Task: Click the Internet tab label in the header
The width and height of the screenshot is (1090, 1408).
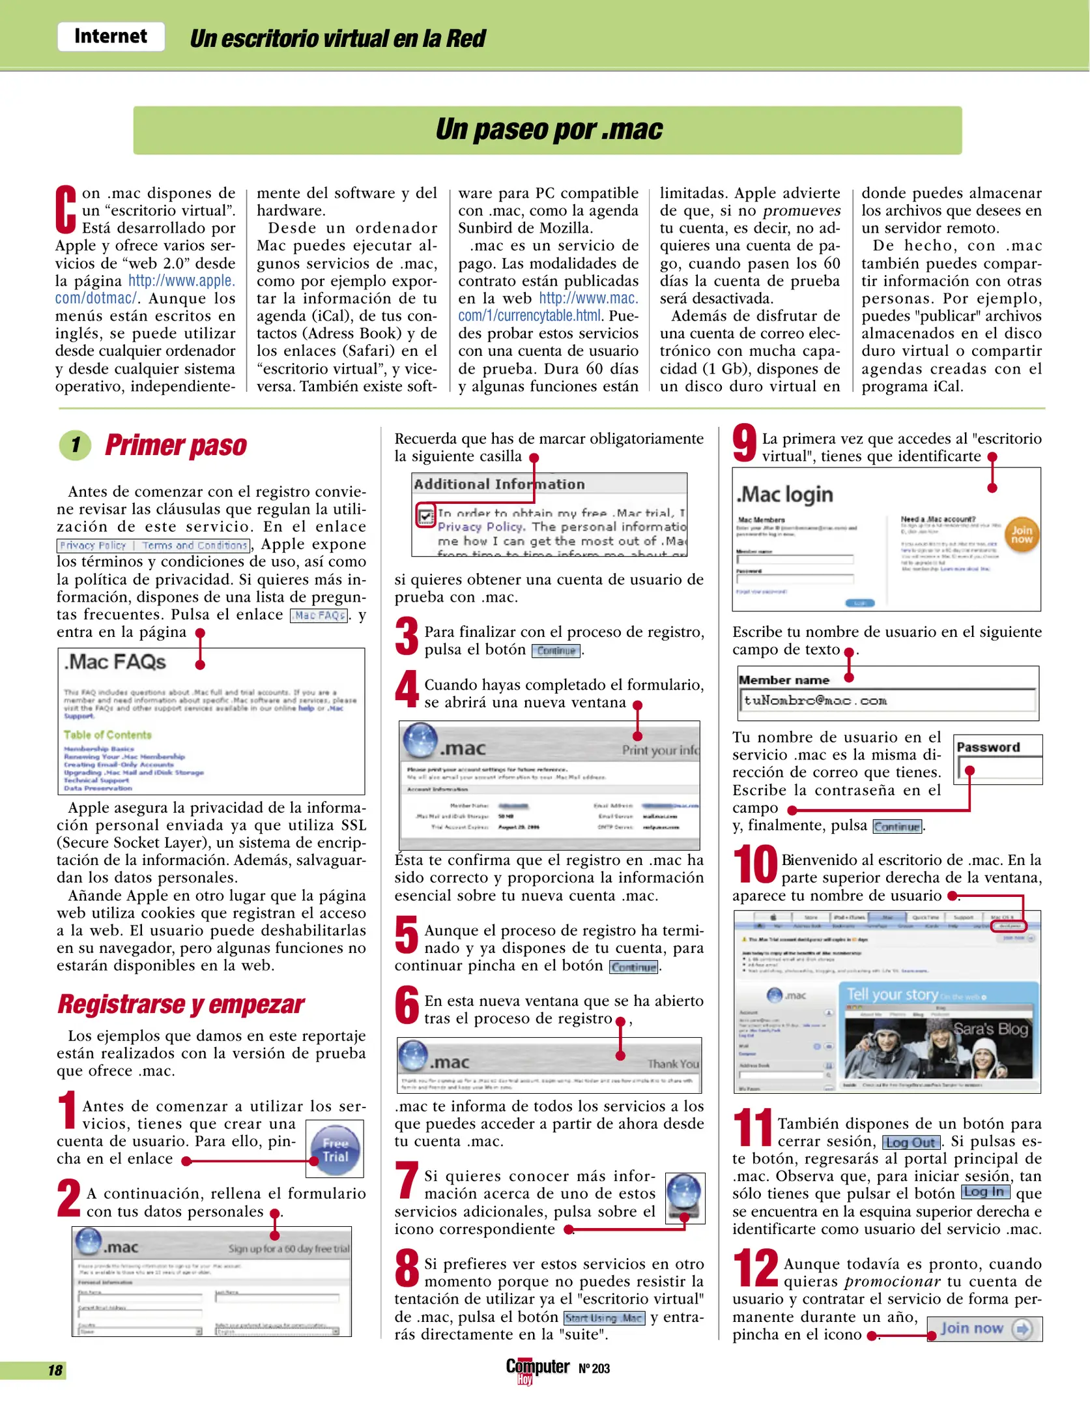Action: tap(110, 37)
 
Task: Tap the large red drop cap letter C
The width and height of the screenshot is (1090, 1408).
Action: tap(65, 209)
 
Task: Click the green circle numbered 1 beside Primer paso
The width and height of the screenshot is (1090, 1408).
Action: tap(76, 445)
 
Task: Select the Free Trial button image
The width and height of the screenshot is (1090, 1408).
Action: tap(335, 1150)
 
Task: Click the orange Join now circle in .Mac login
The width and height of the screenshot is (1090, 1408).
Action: tap(1021, 535)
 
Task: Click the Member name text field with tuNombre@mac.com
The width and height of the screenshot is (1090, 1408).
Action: tap(887, 701)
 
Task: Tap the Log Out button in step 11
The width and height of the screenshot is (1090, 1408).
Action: tap(911, 1143)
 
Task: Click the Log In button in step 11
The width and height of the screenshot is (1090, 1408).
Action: tap(985, 1192)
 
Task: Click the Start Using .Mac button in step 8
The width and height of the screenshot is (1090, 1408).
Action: tap(603, 1318)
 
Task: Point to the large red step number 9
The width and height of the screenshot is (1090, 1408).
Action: tap(745, 443)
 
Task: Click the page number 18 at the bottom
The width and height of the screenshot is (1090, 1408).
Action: tap(55, 1370)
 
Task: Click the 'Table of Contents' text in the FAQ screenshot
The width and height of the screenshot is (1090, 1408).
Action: tap(108, 735)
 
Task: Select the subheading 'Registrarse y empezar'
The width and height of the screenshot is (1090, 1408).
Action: tap(180, 1005)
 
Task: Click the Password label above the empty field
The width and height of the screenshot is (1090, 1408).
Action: tap(988, 747)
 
